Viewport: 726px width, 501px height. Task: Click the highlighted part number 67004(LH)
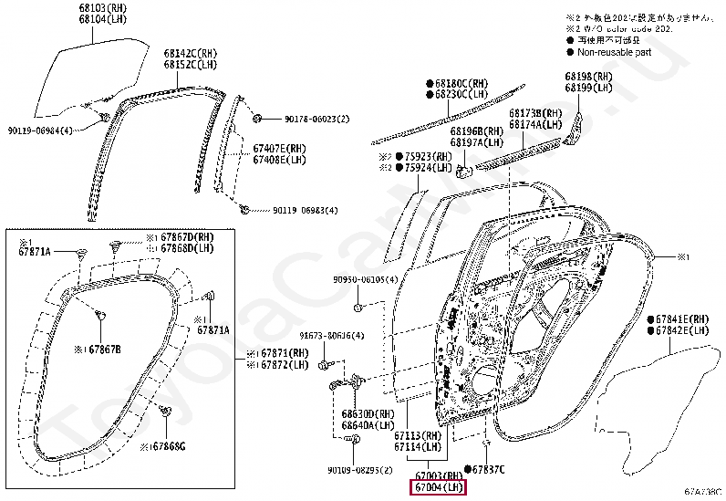[x=437, y=488]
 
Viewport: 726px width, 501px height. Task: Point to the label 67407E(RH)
[x=278, y=149]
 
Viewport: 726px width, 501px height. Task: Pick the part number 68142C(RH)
[x=192, y=54]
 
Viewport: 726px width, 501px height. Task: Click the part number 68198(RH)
[x=588, y=77]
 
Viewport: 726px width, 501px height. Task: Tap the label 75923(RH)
[x=427, y=157]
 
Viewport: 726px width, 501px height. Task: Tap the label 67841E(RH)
[x=681, y=319]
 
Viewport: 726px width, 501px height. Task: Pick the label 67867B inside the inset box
[x=103, y=350]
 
